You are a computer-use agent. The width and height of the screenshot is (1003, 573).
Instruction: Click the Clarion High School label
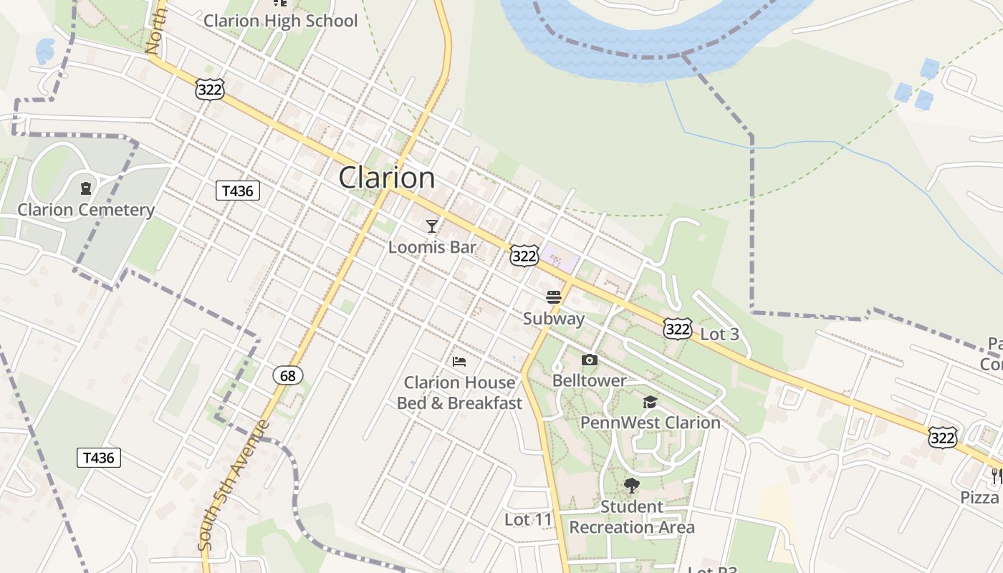(x=280, y=21)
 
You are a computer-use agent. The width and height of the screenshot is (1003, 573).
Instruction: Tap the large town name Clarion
(x=386, y=178)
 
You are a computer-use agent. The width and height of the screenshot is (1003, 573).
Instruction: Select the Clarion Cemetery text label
(x=86, y=210)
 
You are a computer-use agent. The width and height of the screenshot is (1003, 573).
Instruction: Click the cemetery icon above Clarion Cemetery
(x=86, y=189)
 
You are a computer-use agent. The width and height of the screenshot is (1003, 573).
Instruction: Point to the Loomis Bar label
(x=432, y=247)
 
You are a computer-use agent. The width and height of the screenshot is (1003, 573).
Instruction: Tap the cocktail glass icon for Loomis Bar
(x=431, y=226)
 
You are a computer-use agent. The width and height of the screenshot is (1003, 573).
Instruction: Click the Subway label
(x=554, y=319)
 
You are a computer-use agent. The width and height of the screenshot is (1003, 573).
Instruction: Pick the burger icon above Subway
(x=554, y=297)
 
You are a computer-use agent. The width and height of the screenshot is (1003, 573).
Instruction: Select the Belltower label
(x=589, y=380)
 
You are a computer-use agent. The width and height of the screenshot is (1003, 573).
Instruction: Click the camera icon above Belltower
(x=589, y=360)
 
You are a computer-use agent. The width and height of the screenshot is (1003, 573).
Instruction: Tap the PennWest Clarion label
(x=650, y=423)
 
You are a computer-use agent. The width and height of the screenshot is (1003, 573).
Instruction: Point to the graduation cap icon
(x=650, y=402)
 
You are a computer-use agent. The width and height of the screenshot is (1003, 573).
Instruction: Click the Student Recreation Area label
(x=632, y=517)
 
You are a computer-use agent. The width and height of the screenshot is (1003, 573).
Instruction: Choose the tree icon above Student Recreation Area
(x=631, y=486)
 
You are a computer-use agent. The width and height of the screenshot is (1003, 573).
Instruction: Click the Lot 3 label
(x=719, y=334)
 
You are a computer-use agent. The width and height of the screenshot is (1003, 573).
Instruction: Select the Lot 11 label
(x=529, y=519)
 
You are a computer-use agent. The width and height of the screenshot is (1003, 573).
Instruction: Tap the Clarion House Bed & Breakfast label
(x=459, y=393)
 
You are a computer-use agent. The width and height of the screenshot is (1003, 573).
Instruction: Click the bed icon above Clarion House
(x=459, y=361)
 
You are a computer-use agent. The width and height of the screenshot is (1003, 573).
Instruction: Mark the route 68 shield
(x=288, y=375)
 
